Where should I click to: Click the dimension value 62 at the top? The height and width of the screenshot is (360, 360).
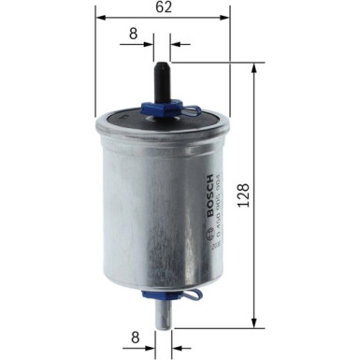coord(163,9)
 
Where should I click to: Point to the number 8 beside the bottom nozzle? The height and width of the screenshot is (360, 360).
coord(133,335)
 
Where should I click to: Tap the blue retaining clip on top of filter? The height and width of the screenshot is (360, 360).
coord(163,109)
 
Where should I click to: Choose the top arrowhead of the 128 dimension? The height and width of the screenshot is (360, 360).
coord(255,68)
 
